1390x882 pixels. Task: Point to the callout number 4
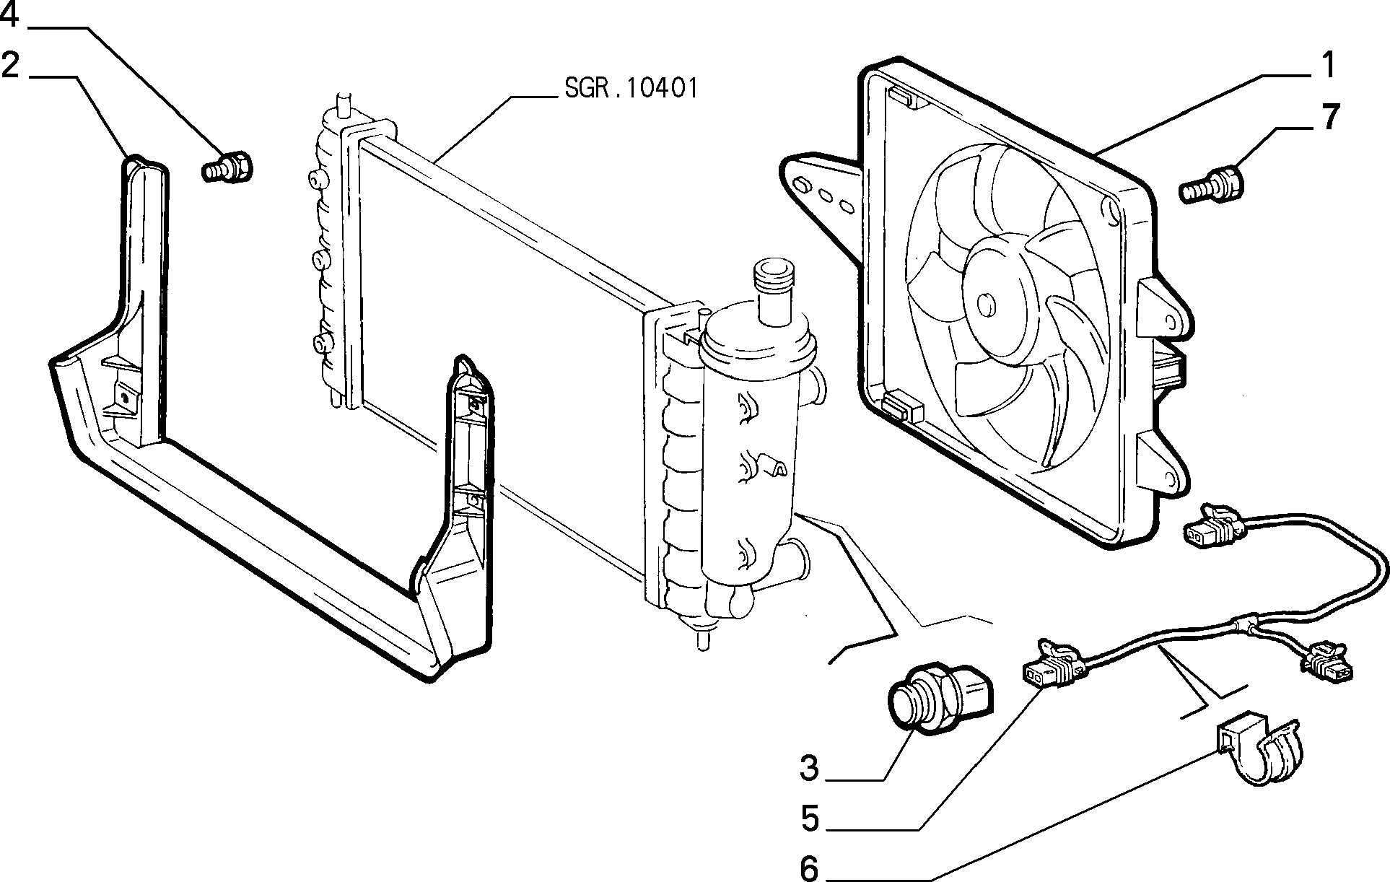pos(10,14)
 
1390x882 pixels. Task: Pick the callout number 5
pos(810,819)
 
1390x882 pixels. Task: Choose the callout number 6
pos(810,868)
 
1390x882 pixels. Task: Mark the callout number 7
pos(1329,116)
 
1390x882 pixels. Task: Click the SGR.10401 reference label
pos(631,89)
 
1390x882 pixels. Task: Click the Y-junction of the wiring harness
pos(1245,621)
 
